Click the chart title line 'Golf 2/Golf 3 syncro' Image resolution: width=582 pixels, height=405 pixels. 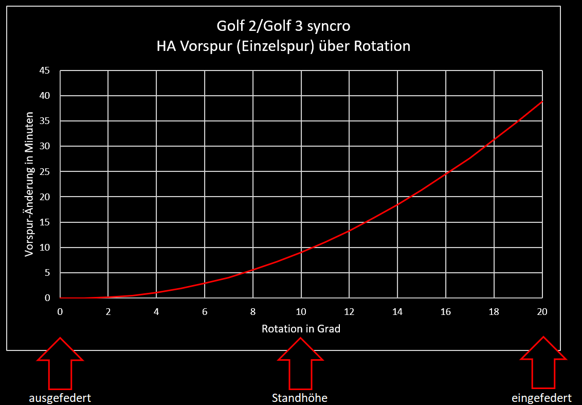pos(284,26)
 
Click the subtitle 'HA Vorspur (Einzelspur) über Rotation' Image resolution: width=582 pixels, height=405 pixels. pos(284,46)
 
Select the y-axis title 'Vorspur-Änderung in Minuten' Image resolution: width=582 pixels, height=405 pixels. pos(29,184)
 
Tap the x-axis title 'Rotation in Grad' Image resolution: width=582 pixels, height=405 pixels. pos(301,328)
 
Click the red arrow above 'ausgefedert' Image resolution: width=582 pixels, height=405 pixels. pos(60,363)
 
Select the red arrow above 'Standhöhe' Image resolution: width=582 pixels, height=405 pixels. pos(301,363)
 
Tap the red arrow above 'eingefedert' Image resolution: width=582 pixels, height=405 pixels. pos(543,363)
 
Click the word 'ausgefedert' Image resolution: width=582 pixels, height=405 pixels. pos(60,398)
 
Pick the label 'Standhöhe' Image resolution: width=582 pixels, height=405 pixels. pos(299,398)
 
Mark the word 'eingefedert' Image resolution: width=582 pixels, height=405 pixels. pos(541,398)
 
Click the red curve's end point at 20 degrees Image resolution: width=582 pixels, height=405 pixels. pos(542,102)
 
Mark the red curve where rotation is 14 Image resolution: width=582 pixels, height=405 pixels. pos(397,205)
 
